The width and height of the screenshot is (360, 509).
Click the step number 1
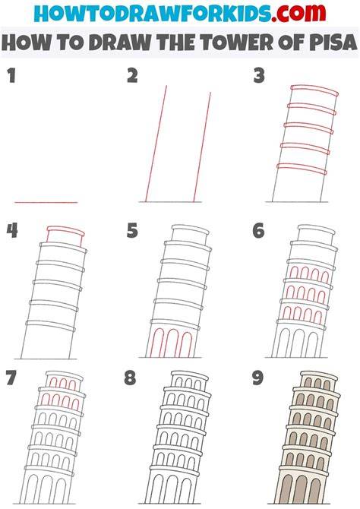coord(11,76)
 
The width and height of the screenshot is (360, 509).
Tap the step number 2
coord(132,76)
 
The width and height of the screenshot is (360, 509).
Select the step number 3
coord(259,76)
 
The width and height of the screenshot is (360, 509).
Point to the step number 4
coord(12,230)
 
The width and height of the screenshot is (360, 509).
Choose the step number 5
coord(132,230)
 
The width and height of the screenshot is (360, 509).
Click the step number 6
coord(258,230)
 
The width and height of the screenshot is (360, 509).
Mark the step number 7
coord(11,378)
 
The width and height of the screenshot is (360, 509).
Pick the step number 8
coord(130,378)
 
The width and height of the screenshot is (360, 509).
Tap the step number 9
coord(257,378)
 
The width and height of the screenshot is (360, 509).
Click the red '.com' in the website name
coord(298,13)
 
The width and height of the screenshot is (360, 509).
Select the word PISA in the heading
coord(333,43)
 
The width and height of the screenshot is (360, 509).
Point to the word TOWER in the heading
coord(232,43)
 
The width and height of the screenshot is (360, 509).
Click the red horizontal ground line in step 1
coord(46,202)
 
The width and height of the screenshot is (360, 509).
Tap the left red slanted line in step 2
coord(156,144)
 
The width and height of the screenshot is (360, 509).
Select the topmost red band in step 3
coord(314,90)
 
